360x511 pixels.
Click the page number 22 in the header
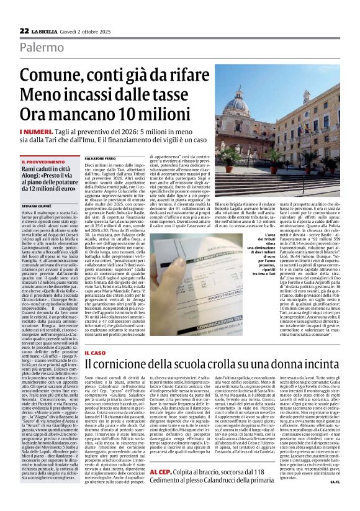pos(24,30)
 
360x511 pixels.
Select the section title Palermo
pos(41,48)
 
